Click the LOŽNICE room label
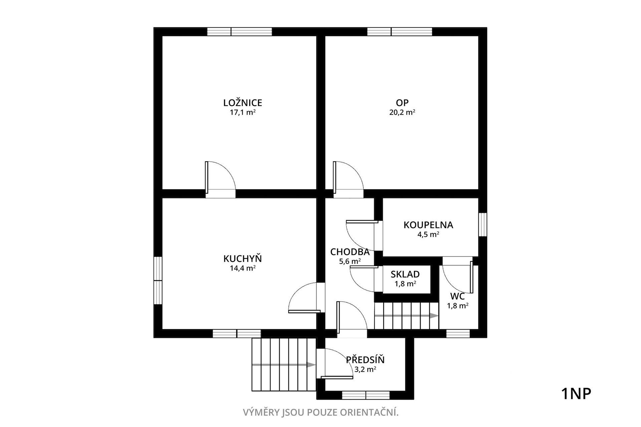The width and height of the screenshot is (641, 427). click(243, 103)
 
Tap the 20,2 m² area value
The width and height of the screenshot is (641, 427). click(402, 112)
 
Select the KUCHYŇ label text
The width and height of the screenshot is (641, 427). click(243, 259)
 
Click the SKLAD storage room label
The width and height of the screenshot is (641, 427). click(405, 274)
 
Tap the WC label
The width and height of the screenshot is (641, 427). click(457, 296)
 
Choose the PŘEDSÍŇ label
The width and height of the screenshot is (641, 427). click(365, 360)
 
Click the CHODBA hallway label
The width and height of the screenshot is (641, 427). click(350, 252)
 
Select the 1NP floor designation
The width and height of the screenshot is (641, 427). click(576, 394)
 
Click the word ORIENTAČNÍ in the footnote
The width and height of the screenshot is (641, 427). click(369, 413)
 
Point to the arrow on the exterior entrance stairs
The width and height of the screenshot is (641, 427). click(283, 365)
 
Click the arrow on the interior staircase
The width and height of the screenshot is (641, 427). click(406, 316)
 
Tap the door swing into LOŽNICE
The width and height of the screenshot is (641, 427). click(221, 177)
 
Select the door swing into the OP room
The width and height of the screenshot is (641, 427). click(348, 177)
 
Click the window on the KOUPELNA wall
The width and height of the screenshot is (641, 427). click(482, 225)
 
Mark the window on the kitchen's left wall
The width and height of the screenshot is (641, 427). click(158, 280)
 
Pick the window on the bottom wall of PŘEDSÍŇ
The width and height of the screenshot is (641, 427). click(366, 395)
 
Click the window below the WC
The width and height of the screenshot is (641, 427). click(458, 333)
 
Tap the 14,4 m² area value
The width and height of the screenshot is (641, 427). click(243, 268)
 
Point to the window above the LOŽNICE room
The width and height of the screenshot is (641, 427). click(239, 32)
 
